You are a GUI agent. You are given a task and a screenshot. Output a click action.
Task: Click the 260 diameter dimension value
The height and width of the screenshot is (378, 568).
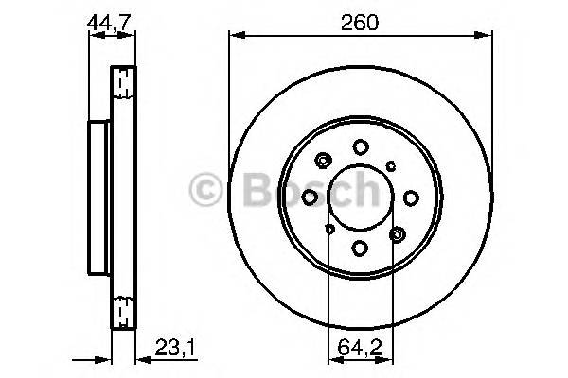tap(361, 23)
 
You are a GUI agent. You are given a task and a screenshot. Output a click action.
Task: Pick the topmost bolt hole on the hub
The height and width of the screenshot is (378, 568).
tap(361, 146)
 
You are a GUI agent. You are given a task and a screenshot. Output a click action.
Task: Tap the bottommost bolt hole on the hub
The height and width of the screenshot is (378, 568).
tap(361, 248)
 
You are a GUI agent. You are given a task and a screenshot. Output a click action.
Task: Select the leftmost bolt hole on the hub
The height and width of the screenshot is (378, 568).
tap(310, 197)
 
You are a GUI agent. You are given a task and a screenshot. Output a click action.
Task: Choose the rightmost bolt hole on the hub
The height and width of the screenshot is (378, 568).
tap(412, 197)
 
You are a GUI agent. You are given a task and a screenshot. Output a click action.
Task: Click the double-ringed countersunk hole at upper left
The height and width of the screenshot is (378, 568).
tap(325, 160)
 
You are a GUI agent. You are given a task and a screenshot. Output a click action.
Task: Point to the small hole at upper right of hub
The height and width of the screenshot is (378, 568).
tap(393, 163)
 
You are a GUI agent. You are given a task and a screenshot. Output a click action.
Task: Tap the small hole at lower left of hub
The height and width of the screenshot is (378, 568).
tap(328, 228)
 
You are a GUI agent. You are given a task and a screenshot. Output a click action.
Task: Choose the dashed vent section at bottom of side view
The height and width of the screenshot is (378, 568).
tap(120, 310)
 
